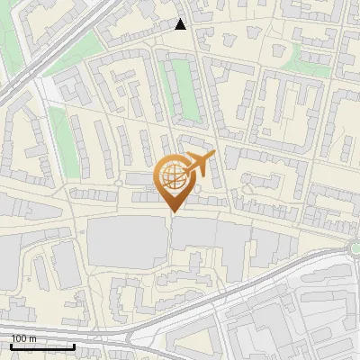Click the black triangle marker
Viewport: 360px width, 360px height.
tap(181, 24)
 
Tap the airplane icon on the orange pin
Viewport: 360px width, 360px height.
tap(200, 164)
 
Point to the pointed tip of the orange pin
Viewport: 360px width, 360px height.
tap(172, 211)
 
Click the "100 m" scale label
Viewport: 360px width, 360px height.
tap(23, 338)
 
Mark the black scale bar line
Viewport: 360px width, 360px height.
tap(42, 346)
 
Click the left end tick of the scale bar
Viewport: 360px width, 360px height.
tap(11, 344)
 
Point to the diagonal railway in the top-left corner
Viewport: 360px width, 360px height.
tap(54, 45)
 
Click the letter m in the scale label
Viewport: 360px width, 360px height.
tap(33, 338)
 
